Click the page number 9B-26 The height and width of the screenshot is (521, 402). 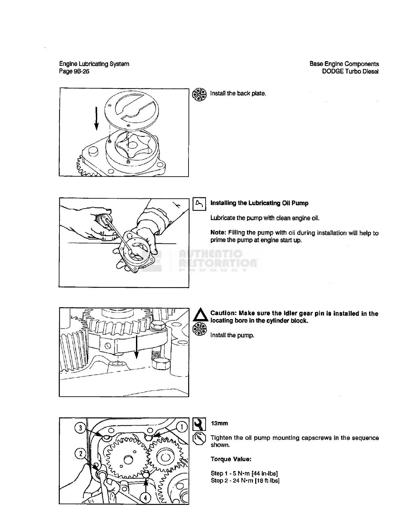[81, 71]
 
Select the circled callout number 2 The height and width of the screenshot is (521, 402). [80, 454]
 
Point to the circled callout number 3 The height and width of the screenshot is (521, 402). [80, 428]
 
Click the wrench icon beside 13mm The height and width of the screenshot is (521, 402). [199, 424]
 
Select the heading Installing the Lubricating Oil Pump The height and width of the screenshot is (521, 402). [259, 203]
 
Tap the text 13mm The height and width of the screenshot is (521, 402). [219, 423]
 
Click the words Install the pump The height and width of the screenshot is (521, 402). [232, 335]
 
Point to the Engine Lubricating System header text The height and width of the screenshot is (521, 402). [94, 64]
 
